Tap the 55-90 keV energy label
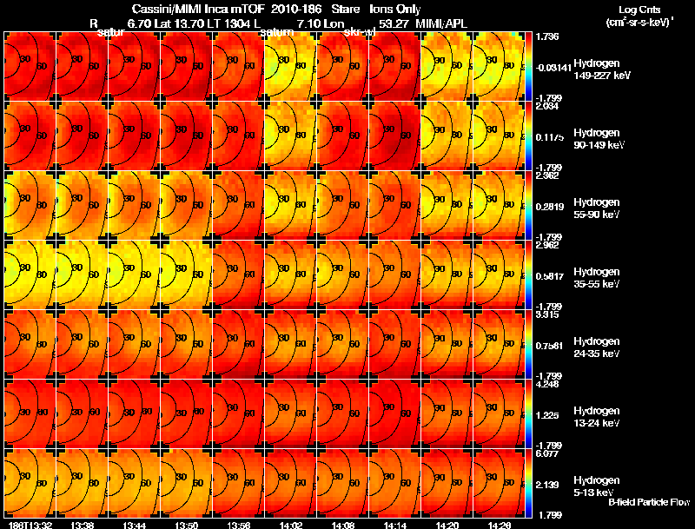click(598, 214)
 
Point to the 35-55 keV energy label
click(598, 284)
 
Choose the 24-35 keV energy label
click(598, 354)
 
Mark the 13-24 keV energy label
click(598, 423)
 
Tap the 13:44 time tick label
click(135, 525)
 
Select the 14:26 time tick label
click(498, 525)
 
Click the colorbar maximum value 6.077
click(546, 453)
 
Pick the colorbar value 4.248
click(546, 383)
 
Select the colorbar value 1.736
click(546, 36)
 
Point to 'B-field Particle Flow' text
click(649, 502)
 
